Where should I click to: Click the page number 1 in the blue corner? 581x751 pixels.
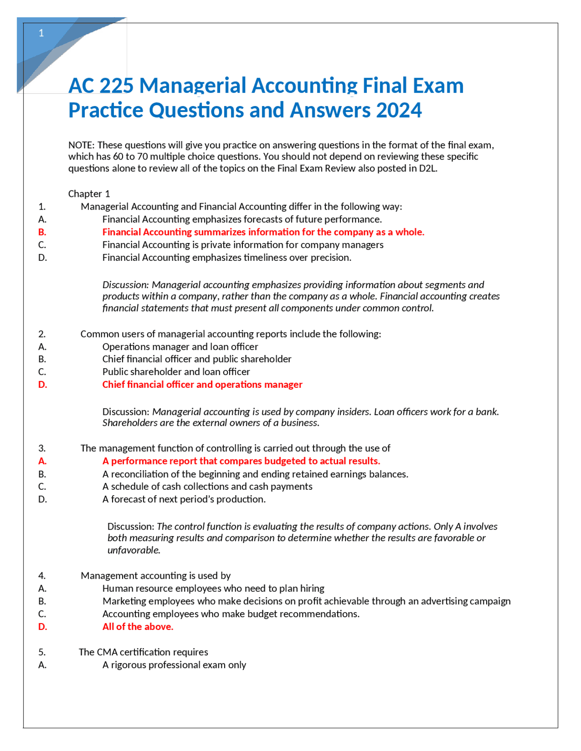pos(41,33)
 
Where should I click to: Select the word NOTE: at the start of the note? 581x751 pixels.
pos(81,145)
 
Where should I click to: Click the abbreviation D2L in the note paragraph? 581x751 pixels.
pos(427,168)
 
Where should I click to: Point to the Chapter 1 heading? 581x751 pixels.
pos(89,194)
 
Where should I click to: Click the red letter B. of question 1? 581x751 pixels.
pos(42,232)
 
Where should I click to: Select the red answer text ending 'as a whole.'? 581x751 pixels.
pos(263,232)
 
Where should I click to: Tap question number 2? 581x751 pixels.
pos(42,334)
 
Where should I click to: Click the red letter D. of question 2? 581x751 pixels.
pos(43,385)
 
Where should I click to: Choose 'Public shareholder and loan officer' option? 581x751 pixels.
pos(176,372)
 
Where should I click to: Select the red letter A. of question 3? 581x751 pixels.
pos(42,461)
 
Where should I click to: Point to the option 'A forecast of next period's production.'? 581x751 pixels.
pos(184,499)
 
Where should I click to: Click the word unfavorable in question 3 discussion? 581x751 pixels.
pos(133,550)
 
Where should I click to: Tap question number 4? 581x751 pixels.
pos(42,576)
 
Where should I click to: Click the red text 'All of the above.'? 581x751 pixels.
pos(138,627)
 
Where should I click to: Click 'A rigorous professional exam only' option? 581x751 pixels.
pos(174,665)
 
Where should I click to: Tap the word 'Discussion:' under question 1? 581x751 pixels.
pos(125,285)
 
